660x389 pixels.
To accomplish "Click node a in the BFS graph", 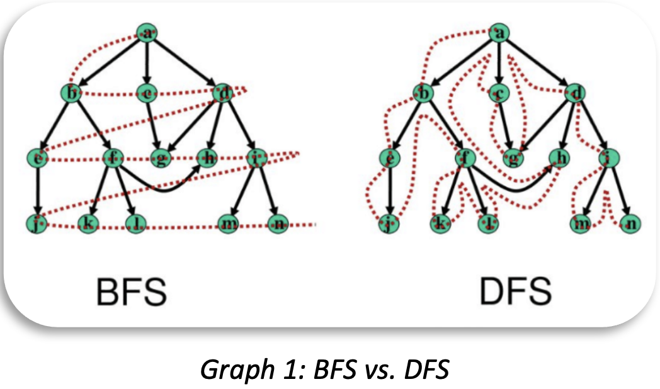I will [x=147, y=33].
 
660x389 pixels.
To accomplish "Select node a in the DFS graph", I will [x=499, y=33].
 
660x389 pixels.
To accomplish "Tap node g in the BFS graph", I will [x=161, y=157].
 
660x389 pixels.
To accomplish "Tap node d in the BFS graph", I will [x=223, y=94].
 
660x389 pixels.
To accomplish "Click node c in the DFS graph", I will [x=499, y=94].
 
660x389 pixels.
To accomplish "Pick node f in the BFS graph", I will [x=113, y=157].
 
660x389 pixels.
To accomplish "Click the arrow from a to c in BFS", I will [x=147, y=63].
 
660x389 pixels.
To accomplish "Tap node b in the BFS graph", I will [x=72, y=94].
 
